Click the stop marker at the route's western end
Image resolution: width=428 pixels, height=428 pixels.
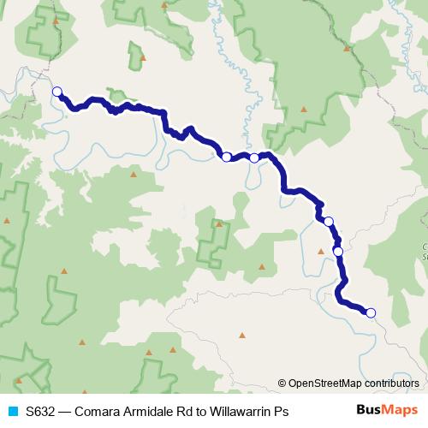point(57,92)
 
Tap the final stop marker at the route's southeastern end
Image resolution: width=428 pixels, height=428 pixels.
point(371,312)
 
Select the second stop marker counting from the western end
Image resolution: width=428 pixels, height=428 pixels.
point(226,157)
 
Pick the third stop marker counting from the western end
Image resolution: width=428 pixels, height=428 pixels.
point(254,158)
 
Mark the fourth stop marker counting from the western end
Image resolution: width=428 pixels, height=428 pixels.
point(328,221)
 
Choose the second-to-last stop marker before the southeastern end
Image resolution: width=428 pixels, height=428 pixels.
point(338,251)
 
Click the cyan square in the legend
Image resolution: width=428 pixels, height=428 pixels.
point(12,412)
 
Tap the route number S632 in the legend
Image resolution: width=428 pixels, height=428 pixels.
point(41,412)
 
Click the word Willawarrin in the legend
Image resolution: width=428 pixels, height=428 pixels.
point(237,412)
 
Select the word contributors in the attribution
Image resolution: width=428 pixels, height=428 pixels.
point(392,384)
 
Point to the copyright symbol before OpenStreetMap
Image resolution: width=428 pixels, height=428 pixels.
point(282,384)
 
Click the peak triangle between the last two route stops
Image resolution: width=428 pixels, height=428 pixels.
point(321,251)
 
